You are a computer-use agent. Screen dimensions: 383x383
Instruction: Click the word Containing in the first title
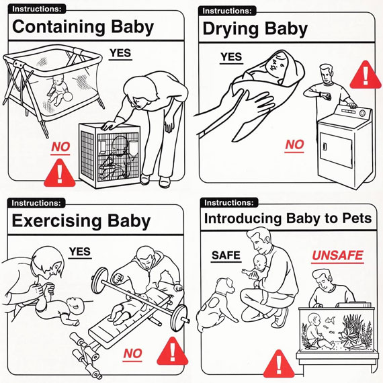point(58,28)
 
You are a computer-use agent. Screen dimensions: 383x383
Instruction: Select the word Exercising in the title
point(56,221)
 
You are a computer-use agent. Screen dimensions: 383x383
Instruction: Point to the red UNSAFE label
point(337,256)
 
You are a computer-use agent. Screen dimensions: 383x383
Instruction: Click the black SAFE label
point(226,255)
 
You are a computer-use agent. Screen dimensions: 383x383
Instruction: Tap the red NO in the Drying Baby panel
point(294,145)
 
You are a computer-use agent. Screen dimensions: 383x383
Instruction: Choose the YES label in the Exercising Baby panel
point(80,251)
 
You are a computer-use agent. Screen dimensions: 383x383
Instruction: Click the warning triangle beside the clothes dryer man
point(366,75)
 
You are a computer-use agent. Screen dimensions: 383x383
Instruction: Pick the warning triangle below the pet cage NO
point(60,173)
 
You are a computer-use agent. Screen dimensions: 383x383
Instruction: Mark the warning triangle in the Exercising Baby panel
point(173,351)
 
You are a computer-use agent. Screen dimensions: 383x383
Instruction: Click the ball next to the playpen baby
point(68,97)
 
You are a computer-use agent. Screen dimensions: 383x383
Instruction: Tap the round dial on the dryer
point(362,114)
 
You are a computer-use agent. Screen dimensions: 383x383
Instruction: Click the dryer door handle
point(325,146)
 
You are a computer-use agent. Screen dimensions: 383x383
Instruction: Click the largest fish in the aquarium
point(330,319)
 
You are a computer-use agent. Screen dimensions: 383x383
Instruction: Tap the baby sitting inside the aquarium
point(317,332)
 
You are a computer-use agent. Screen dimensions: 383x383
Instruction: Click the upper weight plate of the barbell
point(99,280)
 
